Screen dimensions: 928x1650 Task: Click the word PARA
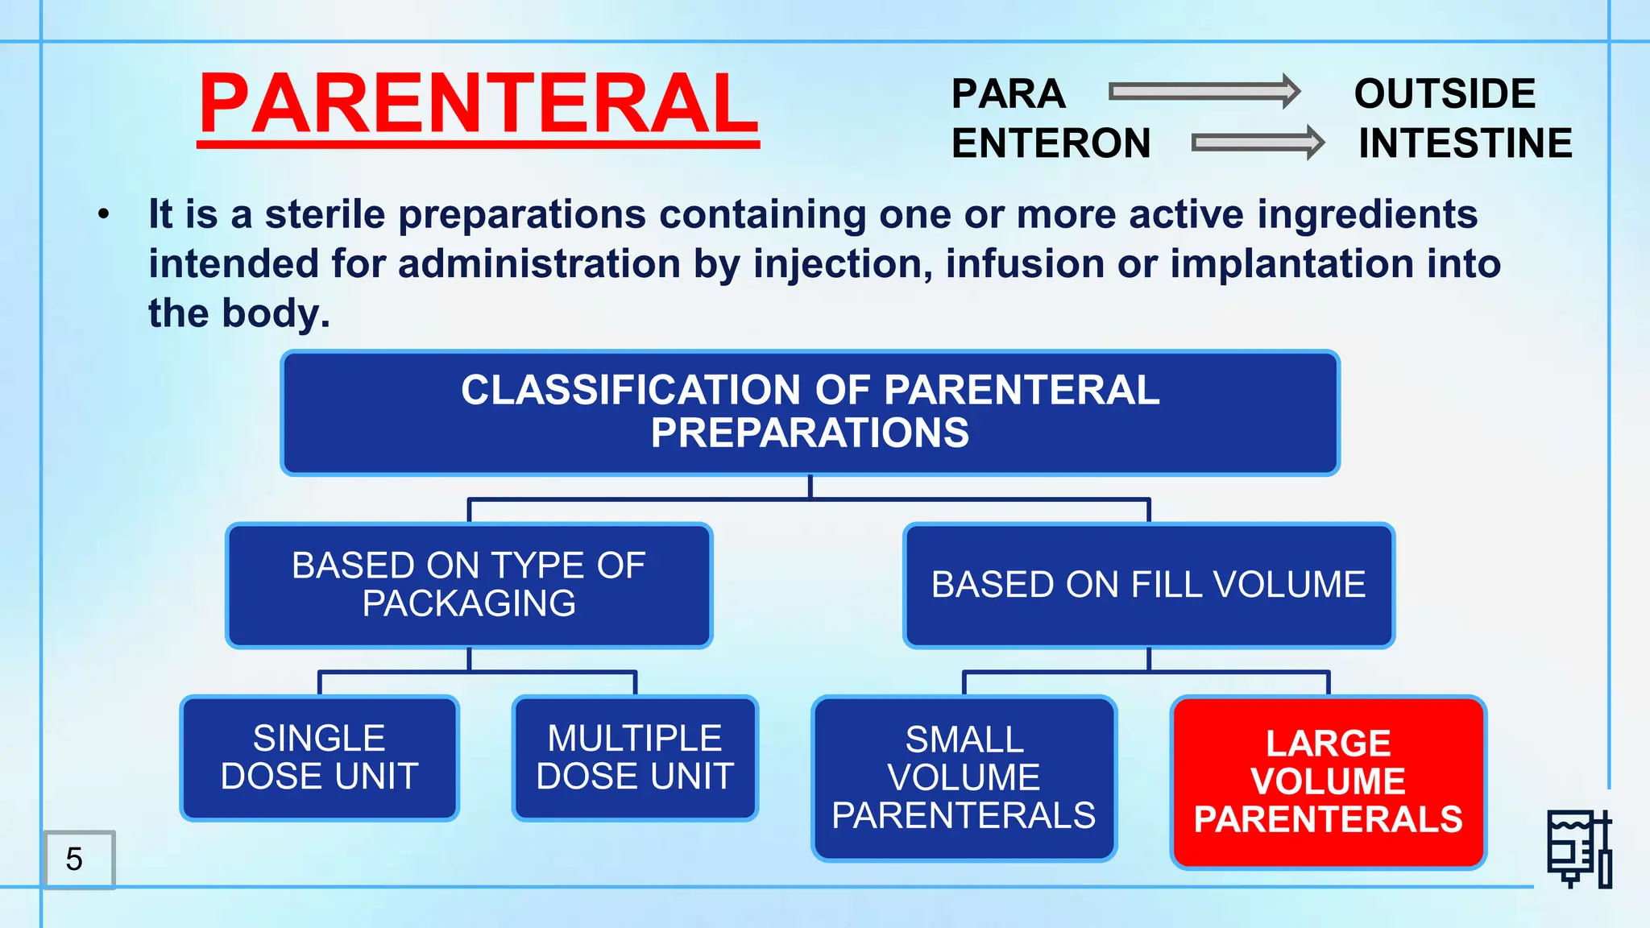(1008, 93)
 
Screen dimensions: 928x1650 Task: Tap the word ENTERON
(1051, 143)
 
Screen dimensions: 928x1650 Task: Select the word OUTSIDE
(1445, 93)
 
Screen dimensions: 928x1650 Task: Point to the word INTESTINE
(1465, 143)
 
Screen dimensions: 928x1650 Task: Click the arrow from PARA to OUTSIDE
(1204, 92)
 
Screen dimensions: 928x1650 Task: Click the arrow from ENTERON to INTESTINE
(1257, 143)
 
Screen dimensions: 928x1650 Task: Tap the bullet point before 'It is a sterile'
(103, 215)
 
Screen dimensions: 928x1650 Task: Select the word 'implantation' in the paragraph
(1291, 264)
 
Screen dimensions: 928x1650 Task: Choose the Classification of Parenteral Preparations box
(810, 412)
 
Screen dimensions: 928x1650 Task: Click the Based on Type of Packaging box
(469, 585)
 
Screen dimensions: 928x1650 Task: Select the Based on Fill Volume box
(1148, 585)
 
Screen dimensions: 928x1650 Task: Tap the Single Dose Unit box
(319, 757)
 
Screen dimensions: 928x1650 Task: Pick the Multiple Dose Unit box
(635, 757)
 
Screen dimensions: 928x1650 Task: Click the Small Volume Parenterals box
(964, 777)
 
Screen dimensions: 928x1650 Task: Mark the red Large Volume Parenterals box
(1328, 781)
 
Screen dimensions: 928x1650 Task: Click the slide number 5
(75, 859)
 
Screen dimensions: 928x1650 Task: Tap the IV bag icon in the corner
(1579, 849)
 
